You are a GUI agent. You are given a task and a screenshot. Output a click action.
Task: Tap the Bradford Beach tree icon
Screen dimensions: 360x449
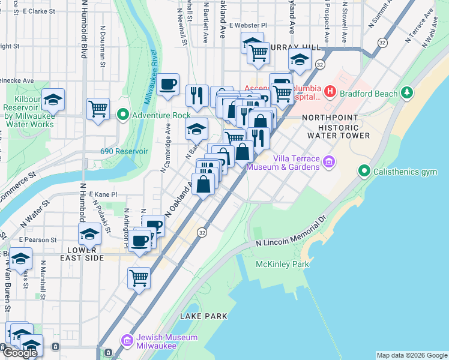(x=407, y=92)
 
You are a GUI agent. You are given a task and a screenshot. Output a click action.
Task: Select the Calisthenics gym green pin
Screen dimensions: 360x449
(x=364, y=172)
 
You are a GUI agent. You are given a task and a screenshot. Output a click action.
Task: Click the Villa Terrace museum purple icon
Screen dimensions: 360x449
(x=328, y=161)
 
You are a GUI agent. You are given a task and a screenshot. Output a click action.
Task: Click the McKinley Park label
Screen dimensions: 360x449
(x=282, y=264)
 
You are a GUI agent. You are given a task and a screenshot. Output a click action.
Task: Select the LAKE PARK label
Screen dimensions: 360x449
(x=203, y=316)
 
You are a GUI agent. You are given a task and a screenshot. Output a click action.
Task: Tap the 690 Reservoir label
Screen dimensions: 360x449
(x=124, y=151)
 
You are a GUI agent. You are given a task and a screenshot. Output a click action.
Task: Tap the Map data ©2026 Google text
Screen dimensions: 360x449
(x=412, y=355)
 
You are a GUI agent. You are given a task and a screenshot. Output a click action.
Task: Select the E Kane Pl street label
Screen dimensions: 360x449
(x=103, y=194)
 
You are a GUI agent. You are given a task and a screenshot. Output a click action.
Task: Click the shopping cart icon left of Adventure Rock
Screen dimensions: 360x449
(x=98, y=109)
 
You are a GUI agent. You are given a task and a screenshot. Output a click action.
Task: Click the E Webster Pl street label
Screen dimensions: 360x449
(x=248, y=26)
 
